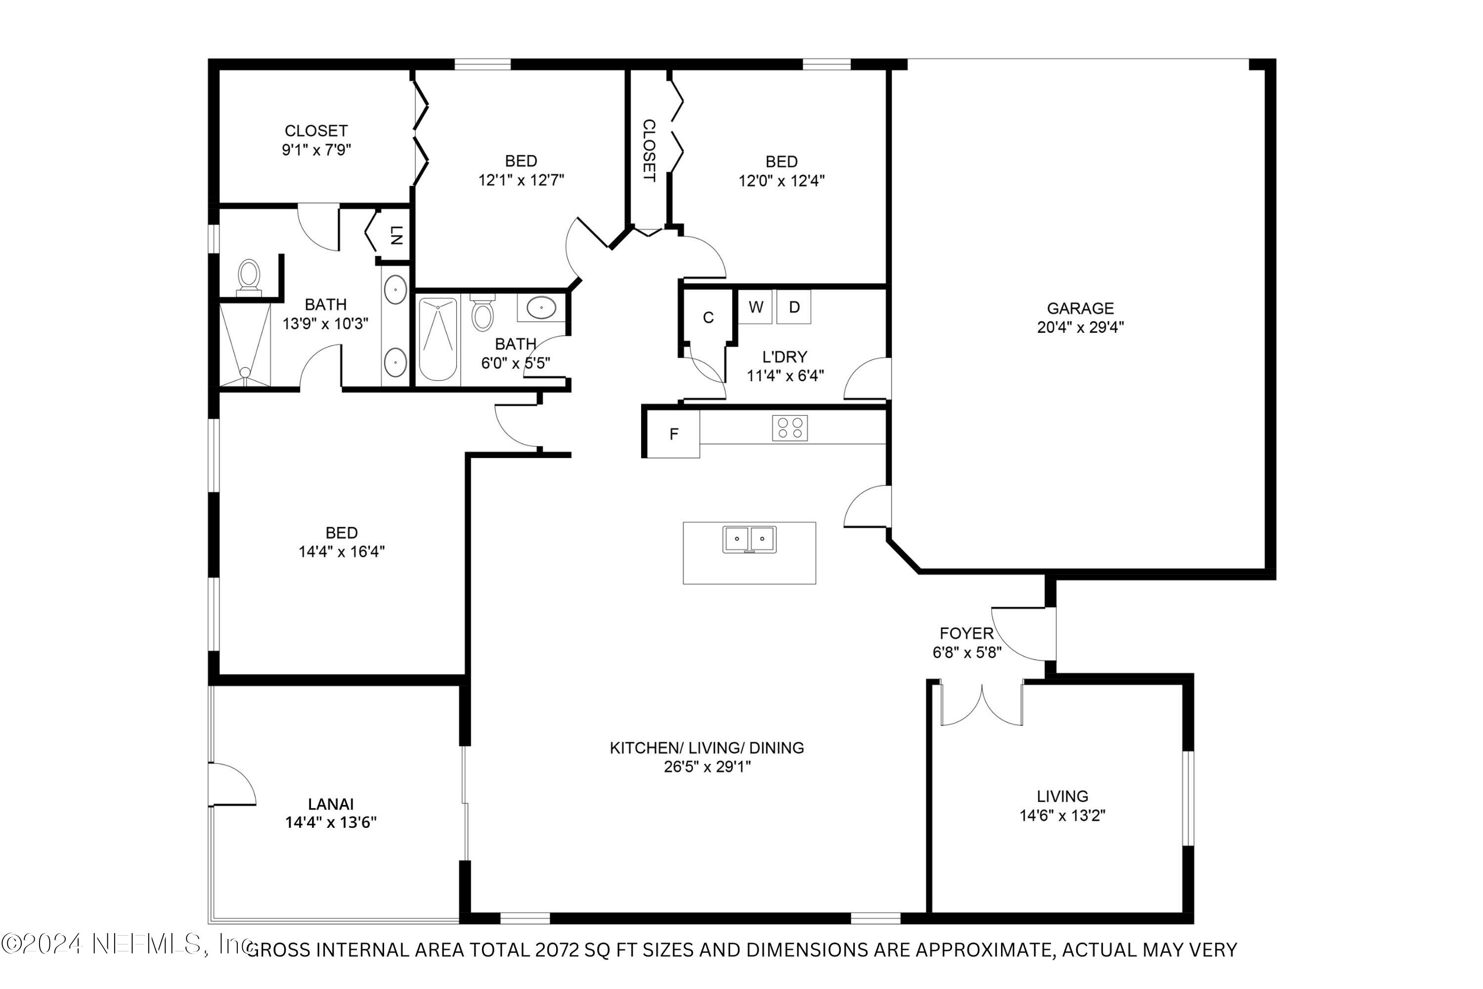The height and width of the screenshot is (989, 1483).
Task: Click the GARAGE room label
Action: pyautogui.click(x=1080, y=309)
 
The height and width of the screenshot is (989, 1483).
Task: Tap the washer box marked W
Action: pyautogui.click(x=755, y=307)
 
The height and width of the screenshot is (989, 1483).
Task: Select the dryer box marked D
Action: pyautogui.click(x=794, y=307)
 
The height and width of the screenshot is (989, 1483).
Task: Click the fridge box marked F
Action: pyautogui.click(x=673, y=434)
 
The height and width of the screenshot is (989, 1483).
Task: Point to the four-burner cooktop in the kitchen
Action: pyautogui.click(x=789, y=428)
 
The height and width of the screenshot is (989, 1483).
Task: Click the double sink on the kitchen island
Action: pyautogui.click(x=749, y=540)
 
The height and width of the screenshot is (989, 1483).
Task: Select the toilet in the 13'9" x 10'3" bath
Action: pyautogui.click(x=249, y=277)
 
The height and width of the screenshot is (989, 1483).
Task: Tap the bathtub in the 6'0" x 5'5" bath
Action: pyautogui.click(x=437, y=339)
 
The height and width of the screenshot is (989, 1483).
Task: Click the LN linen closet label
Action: pyautogui.click(x=396, y=235)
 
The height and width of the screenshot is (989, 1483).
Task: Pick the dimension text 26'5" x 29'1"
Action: pyautogui.click(x=707, y=767)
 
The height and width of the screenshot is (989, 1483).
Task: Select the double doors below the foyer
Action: pyautogui.click(x=982, y=705)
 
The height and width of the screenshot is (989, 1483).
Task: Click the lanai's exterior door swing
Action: pyautogui.click(x=232, y=784)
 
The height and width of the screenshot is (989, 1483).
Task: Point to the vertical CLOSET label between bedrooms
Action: pyautogui.click(x=649, y=150)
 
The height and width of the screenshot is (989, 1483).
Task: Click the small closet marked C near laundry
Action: pyautogui.click(x=708, y=317)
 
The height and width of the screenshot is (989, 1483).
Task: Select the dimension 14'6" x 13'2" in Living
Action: pyautogui.click(x=1062, y=815)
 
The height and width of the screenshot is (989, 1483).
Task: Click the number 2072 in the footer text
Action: pyautogui.click(x=556, y=950)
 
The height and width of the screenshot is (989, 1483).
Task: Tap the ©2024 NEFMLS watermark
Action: pyautogui.click(x=126, y=944)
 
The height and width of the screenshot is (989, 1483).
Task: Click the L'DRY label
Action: pyautogui.click(x=785, y=357)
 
